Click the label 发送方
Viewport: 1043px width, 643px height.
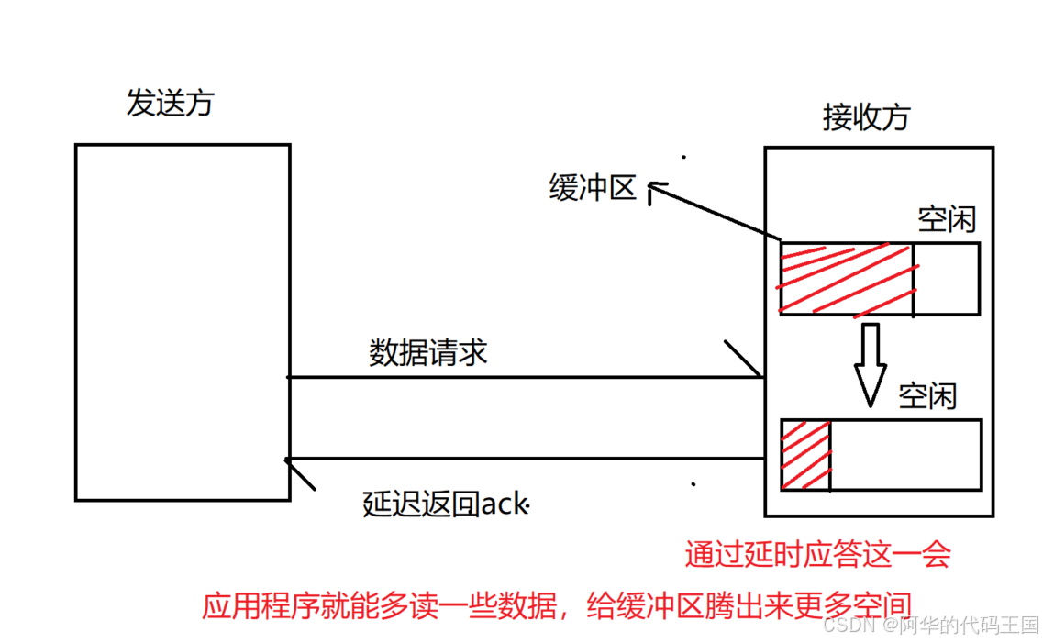(x=170, y=103)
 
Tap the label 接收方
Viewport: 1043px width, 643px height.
(x=867, y=117)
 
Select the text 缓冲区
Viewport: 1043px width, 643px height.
(x=593, y=188)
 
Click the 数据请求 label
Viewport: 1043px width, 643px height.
(x=427, y=352)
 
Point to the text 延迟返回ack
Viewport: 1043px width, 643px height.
(x=446, y=504)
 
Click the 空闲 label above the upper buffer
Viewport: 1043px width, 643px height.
(x=947, y=220)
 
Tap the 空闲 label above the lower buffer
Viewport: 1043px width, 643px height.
(x=927, y=396)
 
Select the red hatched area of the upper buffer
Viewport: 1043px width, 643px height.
(x=846, y=279)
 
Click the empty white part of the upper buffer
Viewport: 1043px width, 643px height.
(x=947, y=279)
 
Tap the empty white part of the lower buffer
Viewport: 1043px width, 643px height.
(x=905, y=455)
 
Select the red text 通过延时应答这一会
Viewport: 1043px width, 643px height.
(x=817, y=554)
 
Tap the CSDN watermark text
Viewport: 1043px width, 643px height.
(x=930, y=626)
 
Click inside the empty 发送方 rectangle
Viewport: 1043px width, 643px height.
(x=183, y=321)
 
